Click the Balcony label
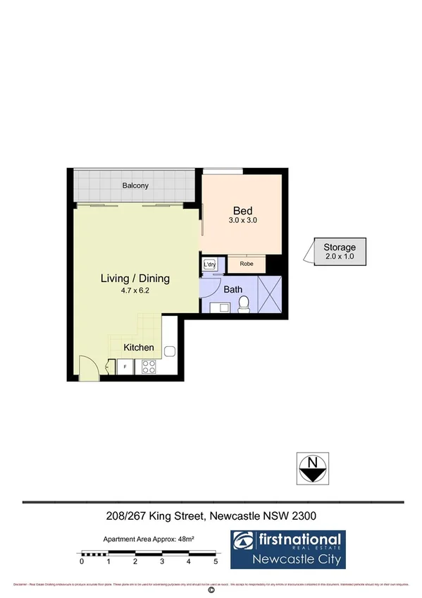[x=135, y=185]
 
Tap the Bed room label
[x=243, y=210]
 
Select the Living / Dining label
[x=135, y=279]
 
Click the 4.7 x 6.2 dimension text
[x=135, y=290]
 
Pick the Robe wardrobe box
[x=247, y=264]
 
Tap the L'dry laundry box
[x=210, y=264]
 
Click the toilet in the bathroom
[x=244, y=303]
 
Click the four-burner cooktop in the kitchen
[x=149, y=367]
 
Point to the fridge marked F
[x=125, y=367]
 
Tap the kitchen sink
[x=170, y=351]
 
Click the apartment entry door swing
[x=88, y=369]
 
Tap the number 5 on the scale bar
[x=216, y=562]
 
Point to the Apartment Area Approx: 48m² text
[x=149, y=538]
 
